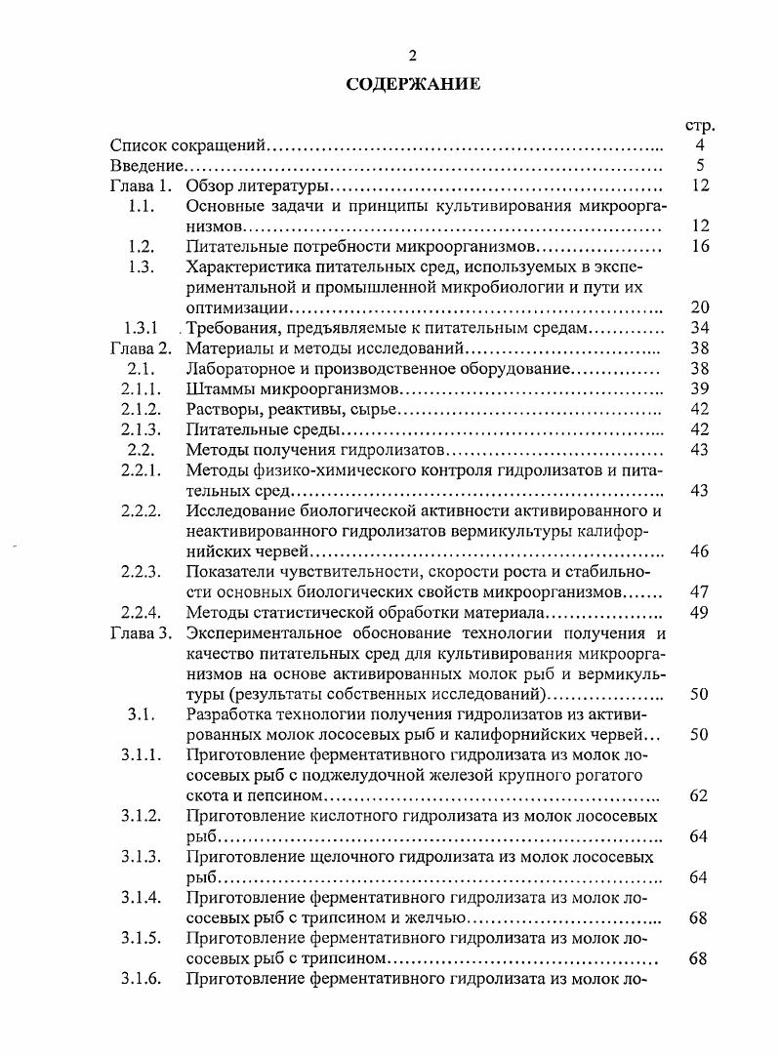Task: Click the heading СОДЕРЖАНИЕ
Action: click(x=412, y=84)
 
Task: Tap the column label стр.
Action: click(x=699, y=125)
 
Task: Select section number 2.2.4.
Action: click(x=141, y=612)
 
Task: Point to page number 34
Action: click(x=699, y=328)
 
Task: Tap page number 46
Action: click(x=699, y=551)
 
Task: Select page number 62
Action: click(x=699, y=795)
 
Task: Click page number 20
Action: click(x=699, y=307)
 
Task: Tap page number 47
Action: click(x=699, y=592)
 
